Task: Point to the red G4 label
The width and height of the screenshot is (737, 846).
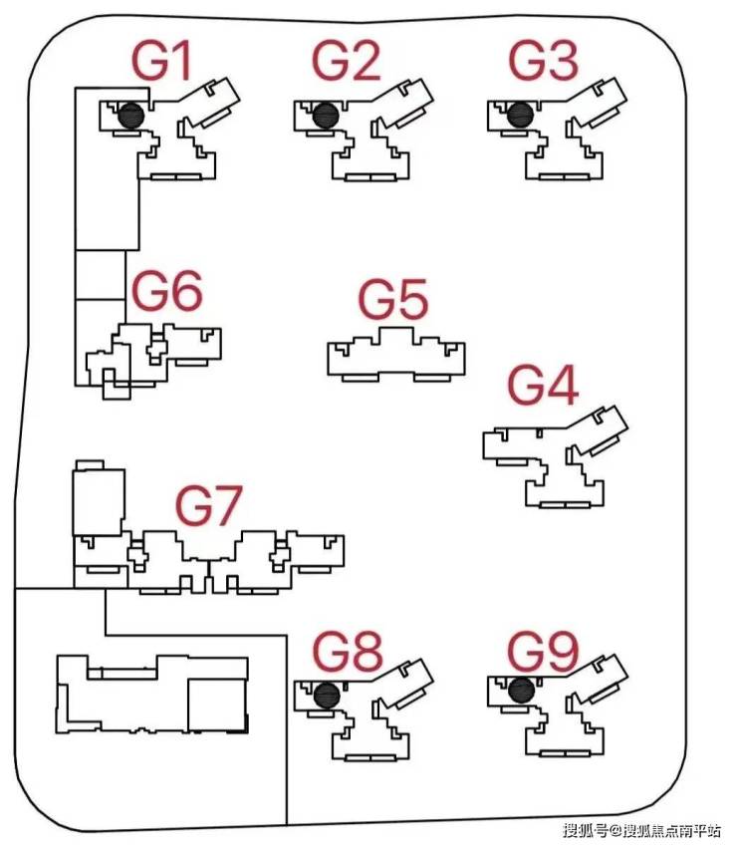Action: pyautogui.click(x=544, y=386)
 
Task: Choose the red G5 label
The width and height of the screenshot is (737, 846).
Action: pyautogui.click(x=392, y=300)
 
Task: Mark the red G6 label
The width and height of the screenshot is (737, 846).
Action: pyautogui.click(x=167, y=292)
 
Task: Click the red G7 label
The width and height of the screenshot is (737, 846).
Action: pyautogui.click(x=209, y=505)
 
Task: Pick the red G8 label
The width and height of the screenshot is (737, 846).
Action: pyautogui.click(x=349, y=655)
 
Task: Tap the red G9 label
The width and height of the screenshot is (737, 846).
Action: pyautogui.click(x=543, y=655)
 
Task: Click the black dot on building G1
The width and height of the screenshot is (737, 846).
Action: pyautogui.click(x=130, y=117)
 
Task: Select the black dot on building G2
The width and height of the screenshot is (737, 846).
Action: pyautogui.click(x=323, y=117)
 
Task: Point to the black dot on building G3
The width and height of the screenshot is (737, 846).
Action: pyautogui.click(x=518, y=117)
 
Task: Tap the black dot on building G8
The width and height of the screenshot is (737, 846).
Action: pyautogui.click(x=324, y=695)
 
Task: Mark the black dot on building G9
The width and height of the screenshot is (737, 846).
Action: pyautogui.click(x=518, y=690)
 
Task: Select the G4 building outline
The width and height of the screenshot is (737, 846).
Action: pyautogui.click(x=553, y=453)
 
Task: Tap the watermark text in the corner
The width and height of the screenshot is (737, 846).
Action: pyautogui.click(x=641, y=829)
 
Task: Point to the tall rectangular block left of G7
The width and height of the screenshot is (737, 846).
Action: pyautogui.click(x=98, y=501)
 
